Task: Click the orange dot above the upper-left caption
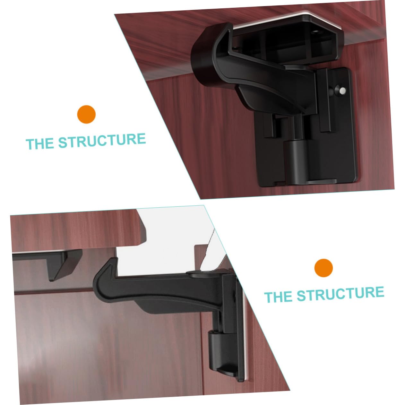click(x=86, y=114)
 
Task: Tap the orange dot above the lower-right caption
click(x=323, y=268)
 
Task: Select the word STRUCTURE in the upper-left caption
click(x=102, y=140)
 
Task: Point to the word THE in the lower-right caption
click(x=278, y=297)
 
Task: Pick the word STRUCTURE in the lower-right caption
click(x=340, y=293)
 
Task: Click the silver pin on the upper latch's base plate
click(x=342, y=90)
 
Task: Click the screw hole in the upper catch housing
click(x=315, y=32)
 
